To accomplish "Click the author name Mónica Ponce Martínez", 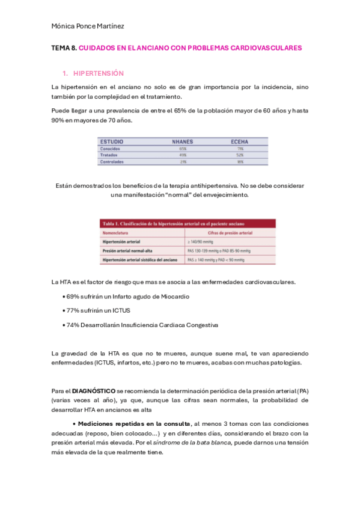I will click(88, 26).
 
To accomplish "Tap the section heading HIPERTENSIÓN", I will click(98, 73).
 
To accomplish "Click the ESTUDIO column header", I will click(112, 141).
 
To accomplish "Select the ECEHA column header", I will click(240, 141).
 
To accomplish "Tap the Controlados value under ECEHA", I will click(240, 162).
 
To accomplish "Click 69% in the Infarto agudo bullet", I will click(73, 296).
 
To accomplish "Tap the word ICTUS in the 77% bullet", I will click(121, 310).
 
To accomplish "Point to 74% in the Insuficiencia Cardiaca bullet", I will click(73, 325).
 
